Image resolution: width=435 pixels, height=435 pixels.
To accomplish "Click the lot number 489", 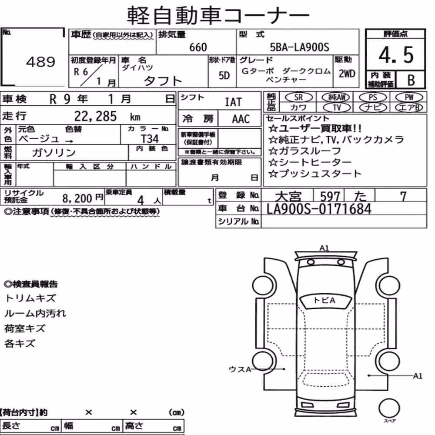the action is coord(40,62).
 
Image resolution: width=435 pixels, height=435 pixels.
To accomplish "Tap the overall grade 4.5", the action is coord(396,55).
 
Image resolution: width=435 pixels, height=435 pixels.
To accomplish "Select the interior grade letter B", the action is coord(411,80).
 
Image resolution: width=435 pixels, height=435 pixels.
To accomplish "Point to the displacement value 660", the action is coord(198,47).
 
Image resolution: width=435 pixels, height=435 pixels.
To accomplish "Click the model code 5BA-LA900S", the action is coord(300,47).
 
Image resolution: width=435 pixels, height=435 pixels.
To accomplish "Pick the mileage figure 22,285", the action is coord(95,116).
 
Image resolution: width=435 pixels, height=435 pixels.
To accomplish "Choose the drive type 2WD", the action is coord(347,74).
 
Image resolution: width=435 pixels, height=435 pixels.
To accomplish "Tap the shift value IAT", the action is coord(233,102).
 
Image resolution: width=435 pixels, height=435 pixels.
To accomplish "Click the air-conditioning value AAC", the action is coord(241,119).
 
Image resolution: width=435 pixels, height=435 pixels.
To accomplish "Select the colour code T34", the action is coord(150,139).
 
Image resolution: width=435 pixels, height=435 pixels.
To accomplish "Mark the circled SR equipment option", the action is coord(299,97).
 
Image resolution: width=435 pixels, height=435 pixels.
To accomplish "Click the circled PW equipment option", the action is coord(409,97).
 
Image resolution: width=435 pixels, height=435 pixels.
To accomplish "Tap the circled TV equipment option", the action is coord(337,107).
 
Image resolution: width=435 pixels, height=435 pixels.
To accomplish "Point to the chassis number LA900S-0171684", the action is coord(319,209).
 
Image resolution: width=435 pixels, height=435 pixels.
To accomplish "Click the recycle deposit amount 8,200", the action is coord(77,198).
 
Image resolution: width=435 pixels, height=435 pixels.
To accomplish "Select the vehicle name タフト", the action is coord(163,81).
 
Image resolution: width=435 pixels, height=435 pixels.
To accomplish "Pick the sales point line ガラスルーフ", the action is coord(304,151).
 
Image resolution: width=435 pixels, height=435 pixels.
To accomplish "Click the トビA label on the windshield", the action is coord(324,300).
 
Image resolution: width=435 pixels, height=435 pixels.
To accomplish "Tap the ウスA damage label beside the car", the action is coord(240,369).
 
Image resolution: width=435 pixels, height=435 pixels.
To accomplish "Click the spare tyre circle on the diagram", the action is coord(389,408).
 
